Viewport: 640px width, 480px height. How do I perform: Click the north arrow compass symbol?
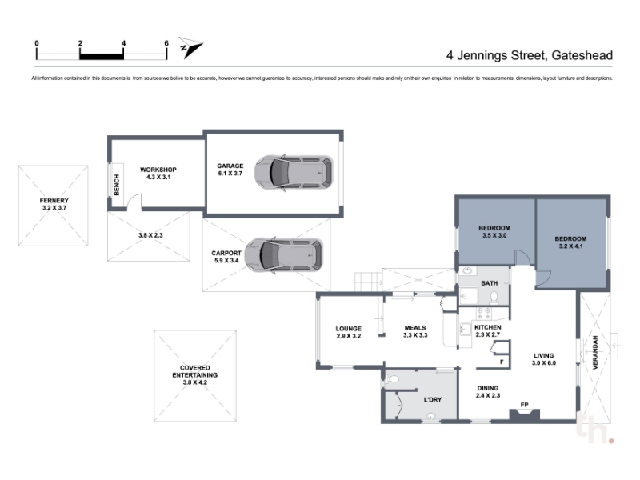(190, 47)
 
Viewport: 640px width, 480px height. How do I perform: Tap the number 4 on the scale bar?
(123, 43)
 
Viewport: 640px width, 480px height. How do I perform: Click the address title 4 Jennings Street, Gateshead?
(530, 55)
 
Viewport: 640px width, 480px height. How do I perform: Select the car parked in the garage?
(294, 173)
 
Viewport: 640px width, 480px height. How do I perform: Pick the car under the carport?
(284, 256)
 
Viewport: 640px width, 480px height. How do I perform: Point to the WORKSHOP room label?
(158, 170)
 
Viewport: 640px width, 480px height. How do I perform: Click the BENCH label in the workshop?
(117, 185)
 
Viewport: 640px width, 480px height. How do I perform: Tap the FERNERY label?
(54, 201)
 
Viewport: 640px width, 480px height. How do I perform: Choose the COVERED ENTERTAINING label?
(194, 371)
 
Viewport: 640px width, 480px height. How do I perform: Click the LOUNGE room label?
(348, 329)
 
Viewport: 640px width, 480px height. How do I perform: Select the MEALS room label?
(415, 328)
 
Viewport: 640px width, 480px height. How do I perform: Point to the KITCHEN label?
(488, 327)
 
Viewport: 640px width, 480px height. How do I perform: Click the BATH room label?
(489, 283)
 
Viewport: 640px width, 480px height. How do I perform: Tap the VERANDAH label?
(595, 353)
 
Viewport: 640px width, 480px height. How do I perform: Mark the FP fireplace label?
(525, 405)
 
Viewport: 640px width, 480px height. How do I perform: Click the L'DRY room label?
(433, 399)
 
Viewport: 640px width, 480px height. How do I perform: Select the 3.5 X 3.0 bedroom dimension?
(494, 235)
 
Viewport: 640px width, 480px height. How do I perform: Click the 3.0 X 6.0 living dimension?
(544, 363)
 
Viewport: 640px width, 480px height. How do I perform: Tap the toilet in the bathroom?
(494, 298)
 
